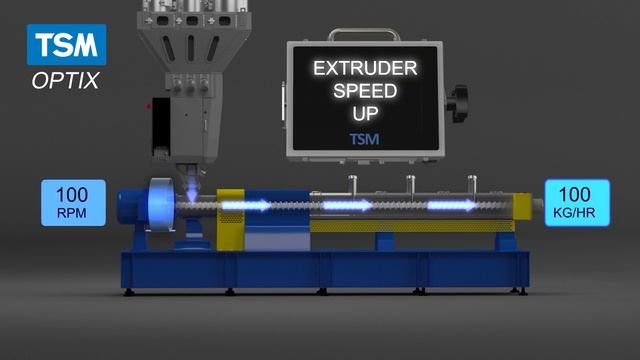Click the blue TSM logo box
point(67,44)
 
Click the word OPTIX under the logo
point(65,80)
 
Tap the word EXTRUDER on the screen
point(365,68)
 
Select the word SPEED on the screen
point(365,91)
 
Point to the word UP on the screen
point(365,113)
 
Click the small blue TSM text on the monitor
point(364,139)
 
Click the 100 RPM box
point(73,202)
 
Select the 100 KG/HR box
point(577,202)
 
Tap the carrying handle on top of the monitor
point(364,31)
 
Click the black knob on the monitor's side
point(458,103)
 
